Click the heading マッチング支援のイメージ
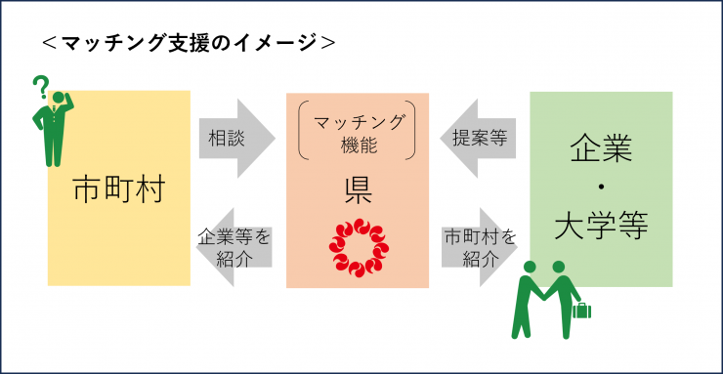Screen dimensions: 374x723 (x=191, y=42)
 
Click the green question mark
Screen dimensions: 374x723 (x=40, y=87)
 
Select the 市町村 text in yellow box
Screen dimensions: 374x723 (x=118, y=190)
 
